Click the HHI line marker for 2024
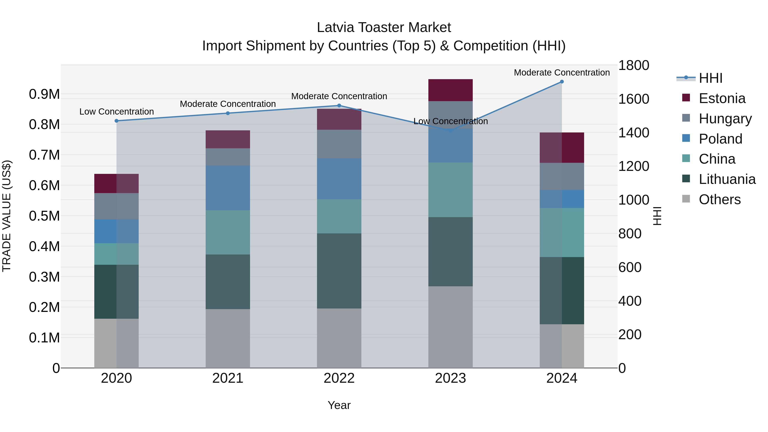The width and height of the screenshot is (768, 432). (562, 82)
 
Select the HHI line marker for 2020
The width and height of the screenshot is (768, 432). (116, 121)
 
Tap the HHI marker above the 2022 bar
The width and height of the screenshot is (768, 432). (339, 106)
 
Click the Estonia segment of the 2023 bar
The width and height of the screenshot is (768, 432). (451, 90)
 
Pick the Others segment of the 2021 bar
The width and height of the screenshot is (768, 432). (228, 338)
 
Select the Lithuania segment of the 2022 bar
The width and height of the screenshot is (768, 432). (339, 271)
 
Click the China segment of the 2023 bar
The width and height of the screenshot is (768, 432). (451, 190)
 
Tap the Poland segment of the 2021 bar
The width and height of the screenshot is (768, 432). (228, 188)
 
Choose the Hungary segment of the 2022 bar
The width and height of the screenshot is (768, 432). (339, 144)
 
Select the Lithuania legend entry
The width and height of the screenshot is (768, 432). (727, 179)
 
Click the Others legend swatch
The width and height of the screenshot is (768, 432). (686, 199)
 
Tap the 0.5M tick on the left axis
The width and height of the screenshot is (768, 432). (44, 216)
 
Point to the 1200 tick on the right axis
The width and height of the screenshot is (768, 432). (634, 166)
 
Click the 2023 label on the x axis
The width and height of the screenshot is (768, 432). (451, 378)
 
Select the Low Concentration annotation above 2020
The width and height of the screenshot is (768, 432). (116, 112)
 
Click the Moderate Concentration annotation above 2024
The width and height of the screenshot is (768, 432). (562, 73)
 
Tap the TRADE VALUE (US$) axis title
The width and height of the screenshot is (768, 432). (7, 216)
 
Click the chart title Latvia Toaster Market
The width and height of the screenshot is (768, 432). (384, 28)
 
